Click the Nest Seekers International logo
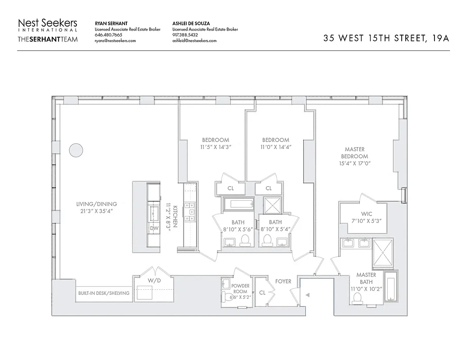pos(48,25)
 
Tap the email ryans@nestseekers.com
pos(115,40)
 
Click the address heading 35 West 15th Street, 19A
pos(386,38)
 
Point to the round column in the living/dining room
pos(76,151)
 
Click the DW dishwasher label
pos(154,228)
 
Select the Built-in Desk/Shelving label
pos(103,293)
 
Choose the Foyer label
pos(283,281)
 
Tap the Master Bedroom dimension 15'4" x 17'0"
pos(354,163)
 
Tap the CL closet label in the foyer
pos(262,292)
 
